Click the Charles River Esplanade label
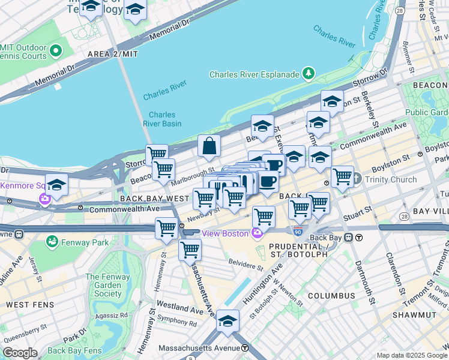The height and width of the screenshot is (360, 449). pos(254,74)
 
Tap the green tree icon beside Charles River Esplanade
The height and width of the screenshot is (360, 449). pos(309,74)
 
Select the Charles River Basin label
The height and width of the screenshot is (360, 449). pos(162,119)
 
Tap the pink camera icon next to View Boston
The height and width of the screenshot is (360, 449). pos(257,233)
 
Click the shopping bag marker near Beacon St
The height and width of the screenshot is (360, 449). pos(209,146)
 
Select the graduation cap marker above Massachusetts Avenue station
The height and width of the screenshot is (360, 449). pos(228,320)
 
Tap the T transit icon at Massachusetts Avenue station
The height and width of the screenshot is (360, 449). pos(245,348)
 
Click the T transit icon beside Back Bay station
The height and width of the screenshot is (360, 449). pos(358,237)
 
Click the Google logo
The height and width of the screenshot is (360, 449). pos(20,353)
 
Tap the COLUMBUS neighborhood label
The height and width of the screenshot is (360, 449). pos(331,296)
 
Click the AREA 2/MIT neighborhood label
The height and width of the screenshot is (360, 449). pos(112,54)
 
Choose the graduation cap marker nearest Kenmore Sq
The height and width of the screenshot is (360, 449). pos(56,185)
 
